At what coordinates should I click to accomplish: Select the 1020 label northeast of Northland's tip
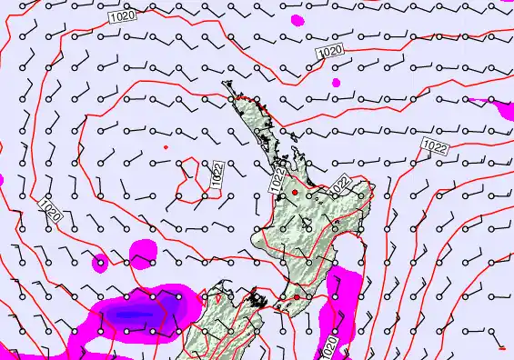pos(330,54)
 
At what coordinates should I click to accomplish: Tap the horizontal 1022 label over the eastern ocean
pos(435,145)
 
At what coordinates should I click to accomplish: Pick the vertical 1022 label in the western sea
pos(218,175)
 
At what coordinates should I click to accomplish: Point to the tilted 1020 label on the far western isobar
pos(50,211)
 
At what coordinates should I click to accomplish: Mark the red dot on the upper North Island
pos(294,193)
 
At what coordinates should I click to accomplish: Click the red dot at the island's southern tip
pos(296,297)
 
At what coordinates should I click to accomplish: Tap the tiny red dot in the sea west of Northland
pos(166,145)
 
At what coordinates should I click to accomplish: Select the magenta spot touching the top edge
pos(297,18)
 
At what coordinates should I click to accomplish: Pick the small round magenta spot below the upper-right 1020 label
pos(336,83)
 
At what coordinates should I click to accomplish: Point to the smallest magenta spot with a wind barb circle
pos(99,265)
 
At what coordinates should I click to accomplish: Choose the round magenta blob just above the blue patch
pos(144,252)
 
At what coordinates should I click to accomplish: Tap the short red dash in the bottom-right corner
pos(503,346)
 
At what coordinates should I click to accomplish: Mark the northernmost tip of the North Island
pos(227,84)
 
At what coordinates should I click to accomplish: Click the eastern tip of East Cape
pos(373,187)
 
